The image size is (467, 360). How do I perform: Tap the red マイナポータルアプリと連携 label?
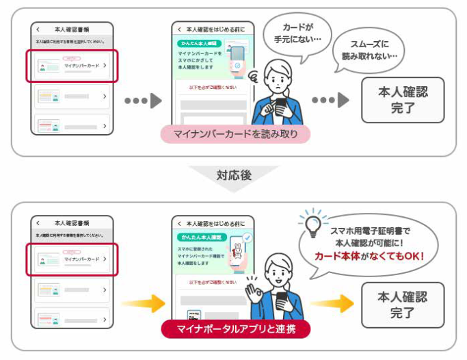pyautogui.click(x=235, y=329)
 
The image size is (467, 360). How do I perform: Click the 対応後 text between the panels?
pyautogui.click(x=234, y=175)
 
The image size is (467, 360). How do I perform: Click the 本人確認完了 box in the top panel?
pyautogui.click(x=403, y=100)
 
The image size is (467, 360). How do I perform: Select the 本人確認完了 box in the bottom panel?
pyautogui.click(x=403, y=305)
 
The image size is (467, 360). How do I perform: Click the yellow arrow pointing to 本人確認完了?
pyautogui.click(x=332, y=302)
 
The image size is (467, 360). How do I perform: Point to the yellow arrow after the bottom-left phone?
pyautogui.click(x=144, y=302)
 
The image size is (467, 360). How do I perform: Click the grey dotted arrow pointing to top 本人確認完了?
pyautogui.click(x=331, y=100)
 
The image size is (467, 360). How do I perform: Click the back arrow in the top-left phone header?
pyautogui.click(x=38, y=29)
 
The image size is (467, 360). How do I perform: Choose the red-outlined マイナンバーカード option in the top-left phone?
pyautogui.click(x=72, y=66)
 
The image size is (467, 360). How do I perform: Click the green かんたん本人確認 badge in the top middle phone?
pyautogui.click(x=194, y=42)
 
